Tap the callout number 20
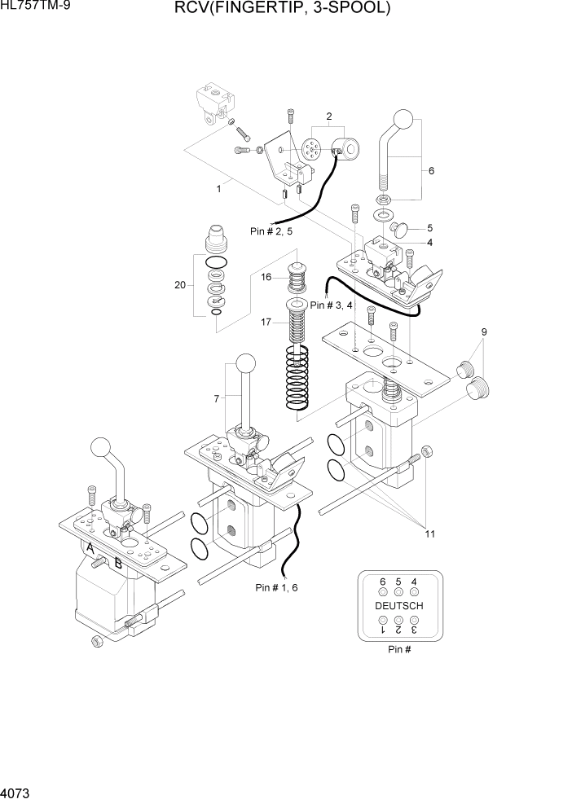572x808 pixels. [x=180, y=285]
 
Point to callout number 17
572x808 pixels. [x=266, y=322]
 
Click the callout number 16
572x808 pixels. [x=266, y=278]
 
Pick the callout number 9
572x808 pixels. [x=483, y=332]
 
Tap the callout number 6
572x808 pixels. [x=431, y=171]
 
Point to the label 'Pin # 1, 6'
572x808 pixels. [x=278, y=586]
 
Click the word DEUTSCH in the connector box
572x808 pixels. [x=398, y=606]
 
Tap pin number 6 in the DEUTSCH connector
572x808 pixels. [x=383, y=582]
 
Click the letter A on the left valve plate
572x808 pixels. [x=92, y=550]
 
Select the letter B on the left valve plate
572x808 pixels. [x=118, y=561]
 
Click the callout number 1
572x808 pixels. [x=218, y=189]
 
